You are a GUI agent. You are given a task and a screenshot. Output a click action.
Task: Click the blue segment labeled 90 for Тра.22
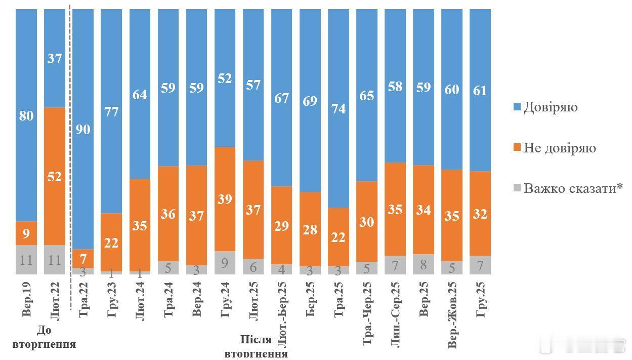coord(83,129)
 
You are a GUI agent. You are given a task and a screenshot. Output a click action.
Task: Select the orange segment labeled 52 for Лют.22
coord(55,176)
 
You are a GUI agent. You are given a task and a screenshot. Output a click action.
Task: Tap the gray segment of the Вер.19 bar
coord(26,260)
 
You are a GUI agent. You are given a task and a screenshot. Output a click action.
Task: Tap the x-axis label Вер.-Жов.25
coord(452,314)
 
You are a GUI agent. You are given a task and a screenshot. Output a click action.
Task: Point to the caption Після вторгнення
coord(256,346)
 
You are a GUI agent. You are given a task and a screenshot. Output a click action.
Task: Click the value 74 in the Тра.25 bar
coord(339,108)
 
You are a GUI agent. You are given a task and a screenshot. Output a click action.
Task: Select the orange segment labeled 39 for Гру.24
coord(225,199)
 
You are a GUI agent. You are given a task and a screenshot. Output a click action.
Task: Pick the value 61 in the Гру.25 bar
coord(480,90)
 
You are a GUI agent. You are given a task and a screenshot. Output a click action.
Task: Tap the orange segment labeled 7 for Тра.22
coord(83,258)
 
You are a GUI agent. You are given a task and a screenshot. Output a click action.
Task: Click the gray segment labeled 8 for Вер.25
coord(424,264)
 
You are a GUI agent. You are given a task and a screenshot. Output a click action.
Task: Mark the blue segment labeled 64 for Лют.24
coord(140,94)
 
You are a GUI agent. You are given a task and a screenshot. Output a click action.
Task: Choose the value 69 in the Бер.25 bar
coord(310,101)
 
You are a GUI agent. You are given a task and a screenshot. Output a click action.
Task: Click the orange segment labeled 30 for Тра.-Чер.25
coord(367,221)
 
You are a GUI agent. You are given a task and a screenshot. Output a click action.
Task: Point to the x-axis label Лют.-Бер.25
coord(282,314)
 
